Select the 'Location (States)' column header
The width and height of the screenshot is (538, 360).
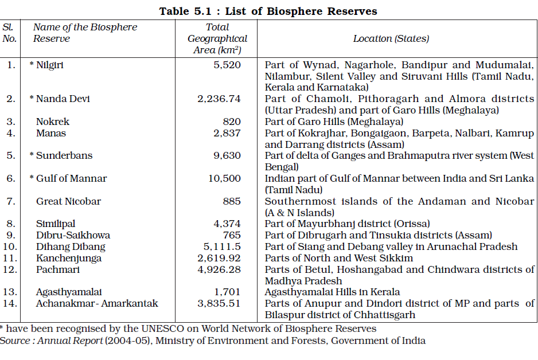coord(391,38)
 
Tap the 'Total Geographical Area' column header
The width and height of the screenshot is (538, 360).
coord(217,38)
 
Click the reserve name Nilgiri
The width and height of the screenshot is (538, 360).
coord(50,65)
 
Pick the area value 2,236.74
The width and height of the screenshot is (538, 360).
coord(219,99)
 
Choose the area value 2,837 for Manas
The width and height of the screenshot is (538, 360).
coord(227,133)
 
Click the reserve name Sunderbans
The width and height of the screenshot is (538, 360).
coord(64,156)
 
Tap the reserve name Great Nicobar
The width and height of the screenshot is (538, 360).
coord(68,201)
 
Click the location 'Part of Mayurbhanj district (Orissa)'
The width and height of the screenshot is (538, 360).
coord(347,224)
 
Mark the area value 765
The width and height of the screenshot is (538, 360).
coord(231,235)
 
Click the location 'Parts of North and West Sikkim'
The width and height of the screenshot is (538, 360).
coord(339,258)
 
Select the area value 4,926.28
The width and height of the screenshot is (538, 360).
coord(219,269)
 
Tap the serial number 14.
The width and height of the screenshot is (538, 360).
coord(10,303)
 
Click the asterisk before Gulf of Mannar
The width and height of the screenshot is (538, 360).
coord(32,178)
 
